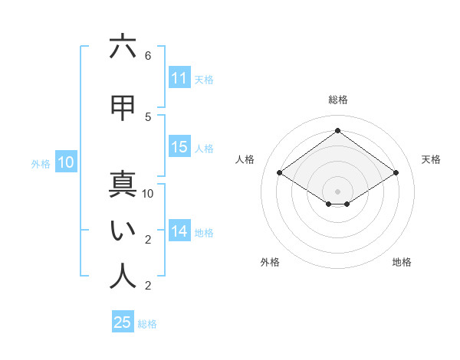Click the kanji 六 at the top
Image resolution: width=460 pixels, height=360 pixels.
click(123, 47)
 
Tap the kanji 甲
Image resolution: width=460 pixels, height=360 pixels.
click(123, 108)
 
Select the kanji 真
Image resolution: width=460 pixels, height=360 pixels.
click(123, 185)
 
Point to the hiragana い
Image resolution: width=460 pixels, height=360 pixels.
click(123, 231)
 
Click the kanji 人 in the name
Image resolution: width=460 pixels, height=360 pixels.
click(123, 277)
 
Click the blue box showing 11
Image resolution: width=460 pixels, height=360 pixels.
click(179, 78)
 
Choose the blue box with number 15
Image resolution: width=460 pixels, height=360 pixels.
click(179, 147)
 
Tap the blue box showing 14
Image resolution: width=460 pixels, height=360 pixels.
click(179, 231)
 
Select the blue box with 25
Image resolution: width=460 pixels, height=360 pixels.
click(123, 322)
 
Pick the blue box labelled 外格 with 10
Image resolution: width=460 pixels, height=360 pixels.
click(65, 162)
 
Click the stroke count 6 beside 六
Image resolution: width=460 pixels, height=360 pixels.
click(148, 56)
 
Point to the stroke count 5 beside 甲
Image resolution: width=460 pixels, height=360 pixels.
click(148, 116)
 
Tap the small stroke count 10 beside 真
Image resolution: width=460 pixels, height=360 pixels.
click(148, 194)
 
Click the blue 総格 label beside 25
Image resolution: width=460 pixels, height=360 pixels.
click(147, 324)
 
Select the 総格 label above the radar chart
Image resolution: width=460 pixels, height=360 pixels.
click(337, 100)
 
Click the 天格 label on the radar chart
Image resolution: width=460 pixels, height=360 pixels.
click(432, 159)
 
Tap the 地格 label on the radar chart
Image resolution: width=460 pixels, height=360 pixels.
click(402, 262)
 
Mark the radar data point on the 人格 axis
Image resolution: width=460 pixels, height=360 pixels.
click(280, 173)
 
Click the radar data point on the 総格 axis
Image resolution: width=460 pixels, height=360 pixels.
click(337, 130)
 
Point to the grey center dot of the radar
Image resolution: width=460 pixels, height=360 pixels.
click(337, 190)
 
